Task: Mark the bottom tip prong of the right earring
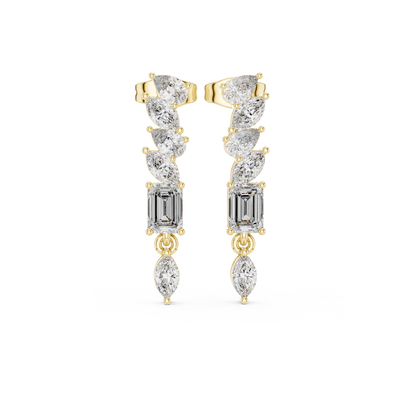243,300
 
